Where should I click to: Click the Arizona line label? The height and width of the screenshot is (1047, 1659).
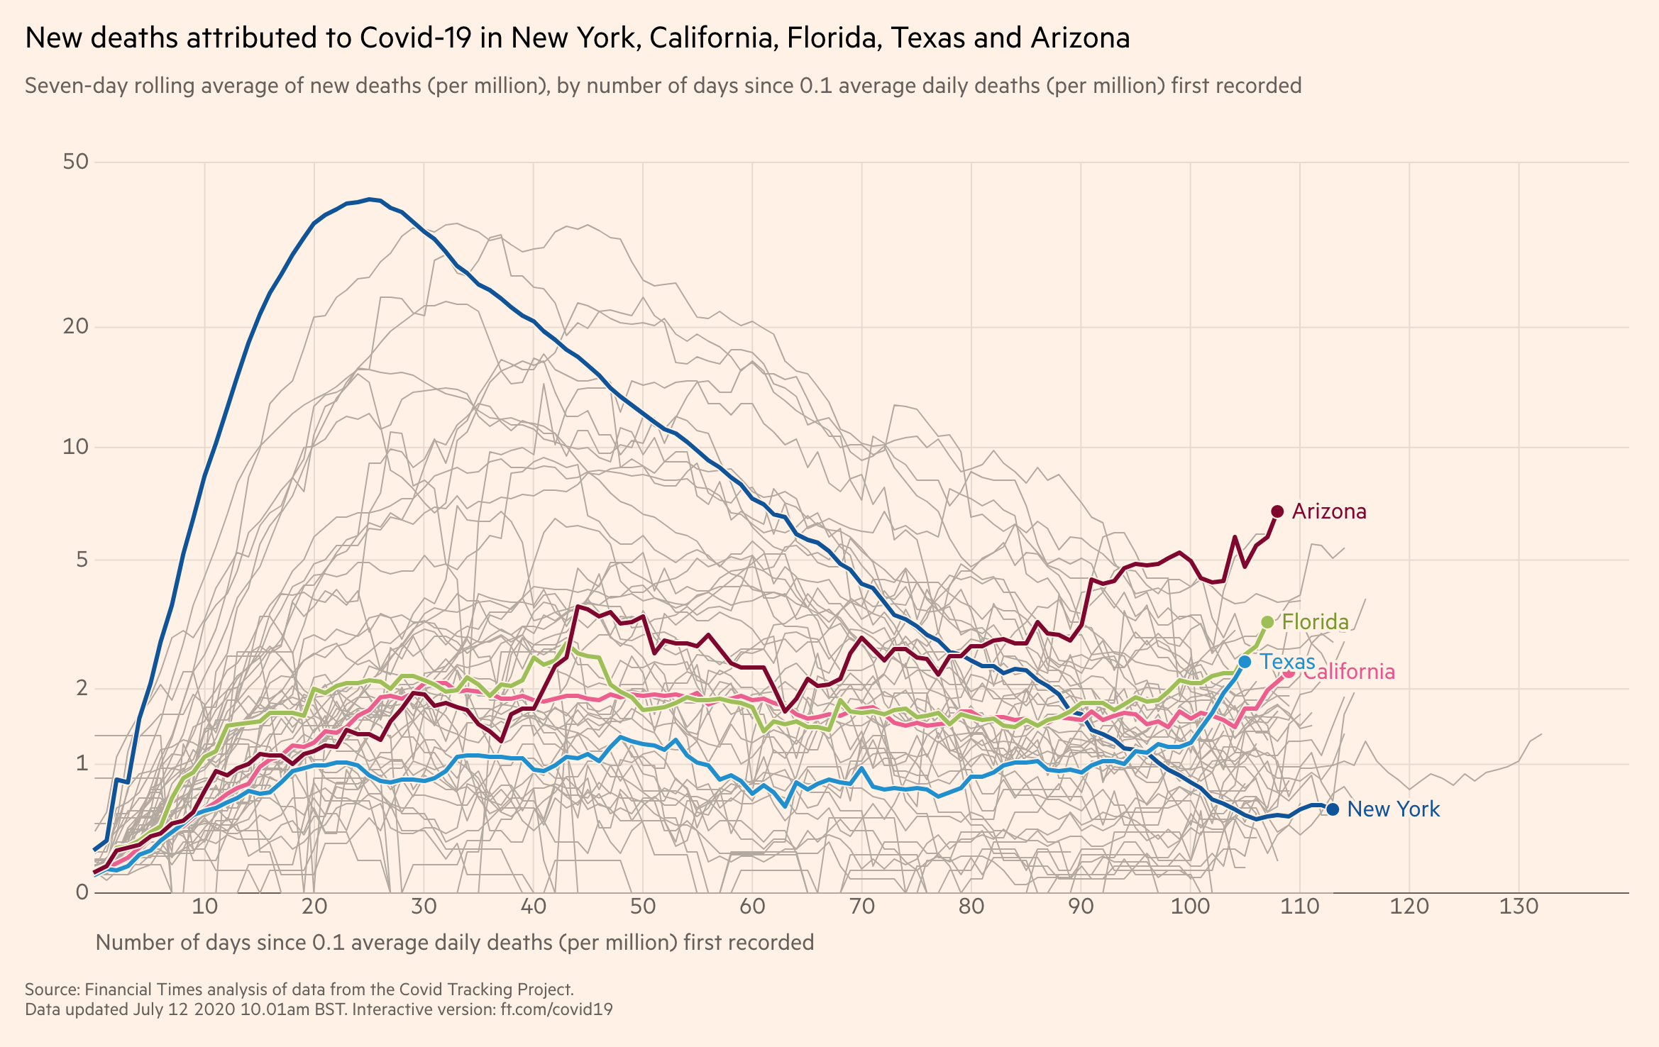pos(1328,511)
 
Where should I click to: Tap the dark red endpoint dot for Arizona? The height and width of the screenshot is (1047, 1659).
pos(1277,511)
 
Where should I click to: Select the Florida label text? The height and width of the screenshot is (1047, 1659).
pos(1315,622)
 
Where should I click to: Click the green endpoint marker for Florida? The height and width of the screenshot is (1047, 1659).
pos(1268,622)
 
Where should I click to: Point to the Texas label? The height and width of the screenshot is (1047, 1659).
pos(1286,662)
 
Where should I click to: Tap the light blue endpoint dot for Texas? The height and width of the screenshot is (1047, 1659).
pos(1245,662)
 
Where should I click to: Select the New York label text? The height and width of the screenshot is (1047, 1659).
pos(1393,809)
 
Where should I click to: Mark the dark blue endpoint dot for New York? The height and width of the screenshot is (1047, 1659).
pos(1333,809)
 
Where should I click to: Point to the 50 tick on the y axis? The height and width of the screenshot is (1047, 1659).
pos(76,162)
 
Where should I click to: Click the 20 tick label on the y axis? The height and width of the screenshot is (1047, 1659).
pos(76,326)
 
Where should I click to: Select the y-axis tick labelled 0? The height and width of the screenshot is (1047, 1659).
pos(82,892)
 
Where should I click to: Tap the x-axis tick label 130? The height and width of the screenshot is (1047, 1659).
pos(1519,907)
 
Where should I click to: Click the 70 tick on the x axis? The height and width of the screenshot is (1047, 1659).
pos(861,907)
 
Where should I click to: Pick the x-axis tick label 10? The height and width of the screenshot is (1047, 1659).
pos(204,907)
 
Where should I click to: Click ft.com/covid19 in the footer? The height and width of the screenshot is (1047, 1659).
pos(556,1009)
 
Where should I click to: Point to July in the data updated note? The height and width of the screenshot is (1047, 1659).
pos(147,1009)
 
